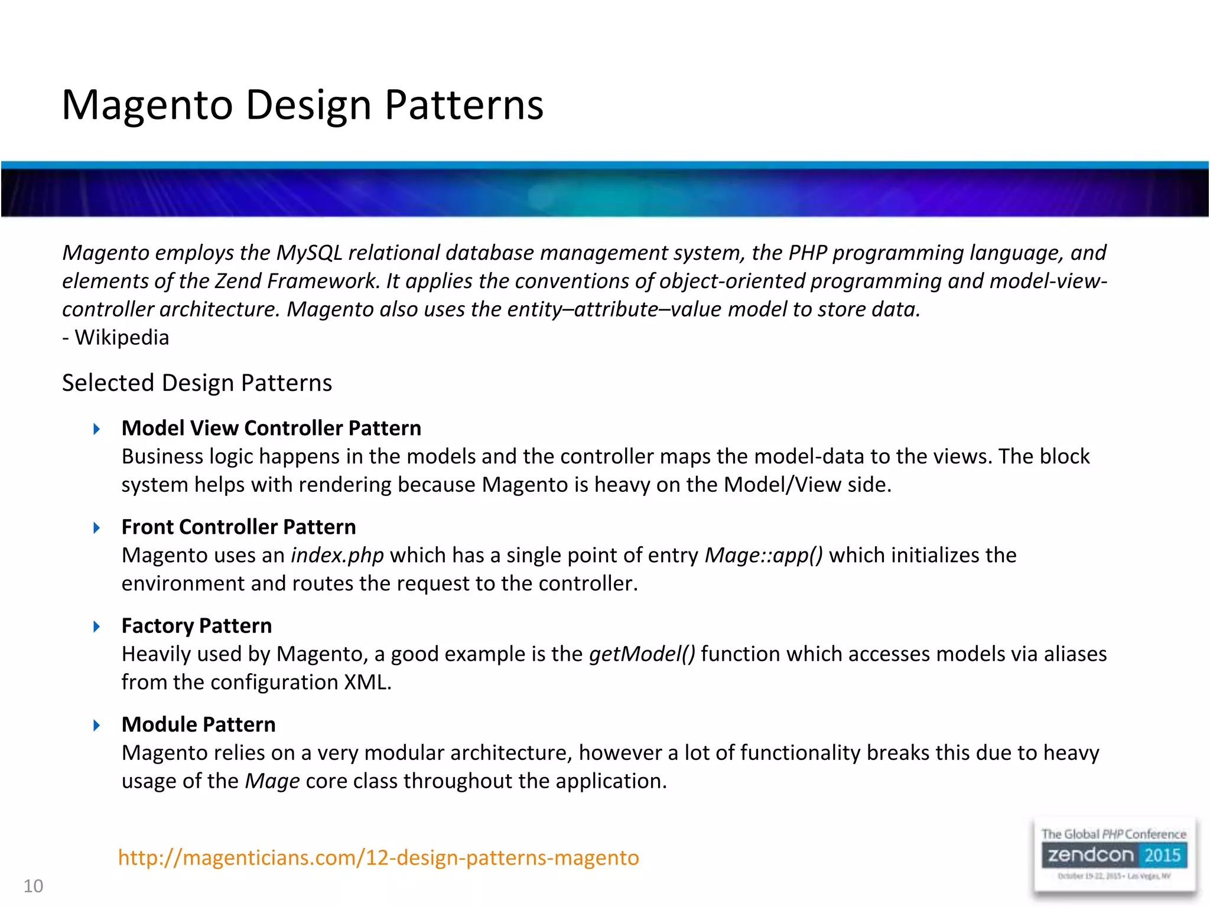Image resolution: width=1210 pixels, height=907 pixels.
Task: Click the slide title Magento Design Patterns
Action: pyautogui.click(x=302, y=105)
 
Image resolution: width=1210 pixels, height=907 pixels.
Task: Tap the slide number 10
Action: pyautogui.click(x=33, y=886)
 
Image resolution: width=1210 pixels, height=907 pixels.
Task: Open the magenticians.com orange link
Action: pyautogui.click(x=378, y=857)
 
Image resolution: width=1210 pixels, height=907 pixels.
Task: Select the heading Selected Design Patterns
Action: pyautogui.click(x=197, y=383)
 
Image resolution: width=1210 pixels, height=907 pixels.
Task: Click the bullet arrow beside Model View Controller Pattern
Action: pyautogui.click(x=97, y=429)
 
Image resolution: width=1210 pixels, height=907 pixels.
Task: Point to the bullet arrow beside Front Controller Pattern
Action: pyautogui.click(x=97, y=528)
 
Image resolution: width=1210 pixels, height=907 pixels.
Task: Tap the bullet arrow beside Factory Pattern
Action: pyautogui.click(x=97, y=627)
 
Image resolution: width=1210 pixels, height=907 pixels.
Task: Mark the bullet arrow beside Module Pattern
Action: pyautogui.click(x=97, y=725)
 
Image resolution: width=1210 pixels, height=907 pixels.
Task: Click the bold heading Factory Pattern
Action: pyautogui.click(x=196, y=626)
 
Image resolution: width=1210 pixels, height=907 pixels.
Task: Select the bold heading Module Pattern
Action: pyautogui.click(x=198, y=725)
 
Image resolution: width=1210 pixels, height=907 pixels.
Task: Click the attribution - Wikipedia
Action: pyautogui.click(x=116, y=338)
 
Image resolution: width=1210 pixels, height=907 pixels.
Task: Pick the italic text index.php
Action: pyautogui.click(x=337, y=556)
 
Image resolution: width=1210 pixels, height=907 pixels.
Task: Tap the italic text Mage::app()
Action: pyautogui.click(x=763, y=556)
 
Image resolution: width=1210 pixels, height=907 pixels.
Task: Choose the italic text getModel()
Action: pyautogui.click(x=642, y=654)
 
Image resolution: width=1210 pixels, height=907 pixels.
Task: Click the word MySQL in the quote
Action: pyautogui.click(x=309, y=253)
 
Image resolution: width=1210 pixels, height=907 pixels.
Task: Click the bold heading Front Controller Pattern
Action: pyautogui.click(x=239, y=527)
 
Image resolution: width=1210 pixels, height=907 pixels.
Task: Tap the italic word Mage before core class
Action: pyautogui.click(x=272, y=781)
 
